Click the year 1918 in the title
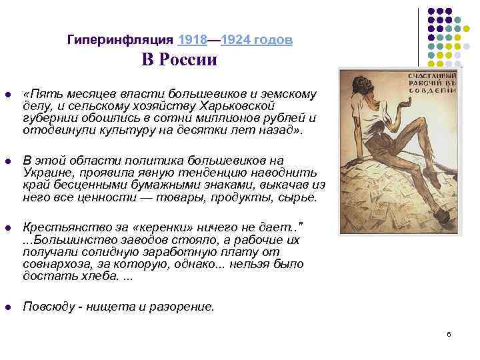click(x=192, y=40)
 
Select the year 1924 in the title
click(x=233, y=40)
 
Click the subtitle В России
click(x=179, y=60)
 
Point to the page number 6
click(x=449, y=333)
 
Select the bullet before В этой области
click(x=7, y=161)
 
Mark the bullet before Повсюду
click(x=7, y=307)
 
